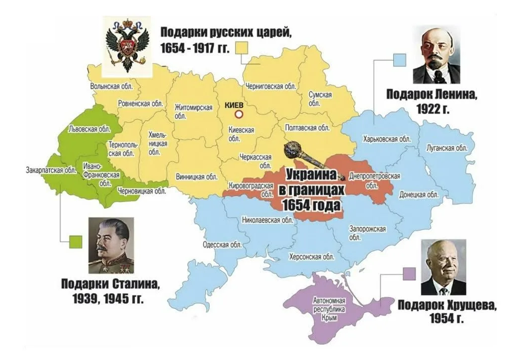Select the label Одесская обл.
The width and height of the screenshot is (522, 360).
point(222,245)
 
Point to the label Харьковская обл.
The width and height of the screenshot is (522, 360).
point(386,139)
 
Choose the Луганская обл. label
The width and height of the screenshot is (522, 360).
point(447,148)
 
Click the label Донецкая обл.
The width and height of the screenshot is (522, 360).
point(419,194)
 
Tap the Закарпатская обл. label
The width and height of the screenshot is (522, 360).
point(51,170)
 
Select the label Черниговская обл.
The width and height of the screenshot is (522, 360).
point(271,86)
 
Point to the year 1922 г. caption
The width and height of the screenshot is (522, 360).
point(433,109)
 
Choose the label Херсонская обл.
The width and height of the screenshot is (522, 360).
point(312,257)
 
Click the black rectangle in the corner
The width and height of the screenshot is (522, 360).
point(27,21)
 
